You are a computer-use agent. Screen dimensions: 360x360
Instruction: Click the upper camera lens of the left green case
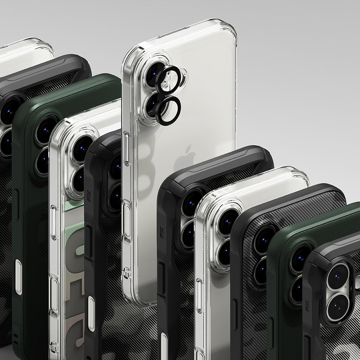46,129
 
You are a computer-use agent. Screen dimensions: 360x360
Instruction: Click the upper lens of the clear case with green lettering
82,148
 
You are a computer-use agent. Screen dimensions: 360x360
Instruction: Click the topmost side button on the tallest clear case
126,144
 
